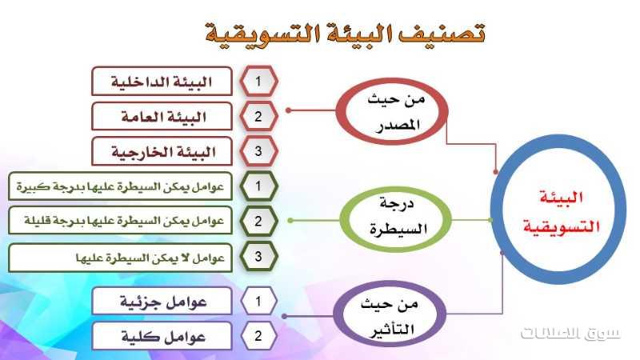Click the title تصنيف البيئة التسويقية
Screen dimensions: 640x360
tap(346, 33)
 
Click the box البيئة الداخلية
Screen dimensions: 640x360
tap(162, 82)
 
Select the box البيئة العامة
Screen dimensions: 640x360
tap(162, 117)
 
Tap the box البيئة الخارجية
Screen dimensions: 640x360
tap(162, 152)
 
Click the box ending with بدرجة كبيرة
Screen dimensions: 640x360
tap(120, 186)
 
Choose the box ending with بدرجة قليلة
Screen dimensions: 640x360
tap(120, 221)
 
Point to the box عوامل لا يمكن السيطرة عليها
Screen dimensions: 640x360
tap(120, 258)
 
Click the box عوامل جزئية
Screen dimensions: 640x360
tap(162, 302)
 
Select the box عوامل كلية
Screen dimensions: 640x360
tap(162, 336)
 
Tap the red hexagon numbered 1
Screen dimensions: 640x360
tap(258, 82)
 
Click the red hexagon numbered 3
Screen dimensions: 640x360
tap(258, 151)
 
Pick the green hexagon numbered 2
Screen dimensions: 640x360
tap(258, 221)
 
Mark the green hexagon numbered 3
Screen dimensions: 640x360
tap(258, 256)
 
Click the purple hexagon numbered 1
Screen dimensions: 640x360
tap(258, 302)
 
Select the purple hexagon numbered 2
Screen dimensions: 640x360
tap(258, 336)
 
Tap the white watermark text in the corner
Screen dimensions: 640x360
tap(570, 333)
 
